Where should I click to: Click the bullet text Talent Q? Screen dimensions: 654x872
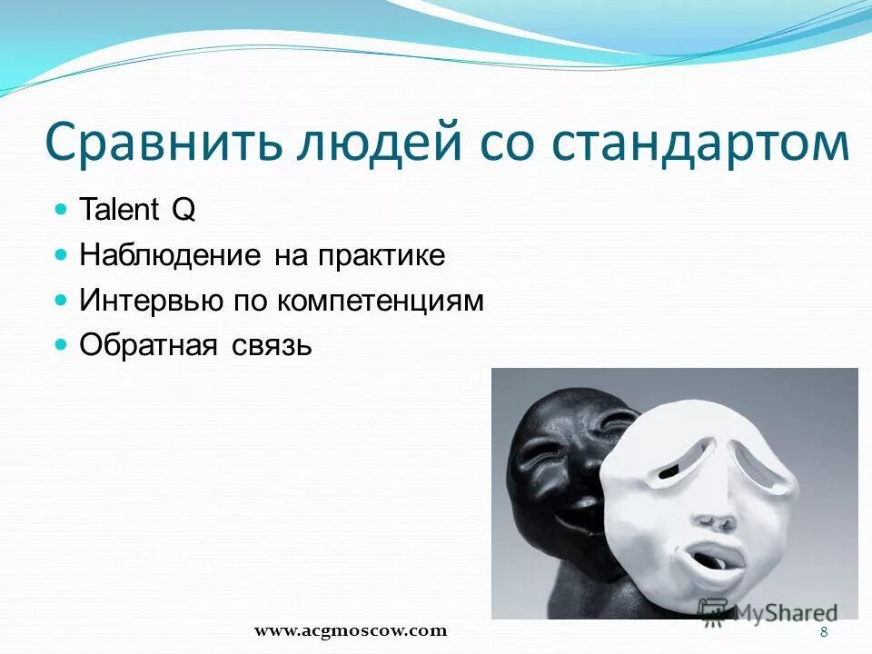pyautogui.click(x=137, y=211)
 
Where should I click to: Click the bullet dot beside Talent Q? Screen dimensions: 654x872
pyautogui.click(x=62, y=209)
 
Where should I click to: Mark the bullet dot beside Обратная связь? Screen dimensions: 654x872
pyautogui.click(x=62, y=344)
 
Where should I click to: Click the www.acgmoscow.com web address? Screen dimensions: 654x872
pyautogui.click(x=351, y=629)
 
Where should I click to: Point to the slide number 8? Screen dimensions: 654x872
pyautogui.click(x=824, y=632)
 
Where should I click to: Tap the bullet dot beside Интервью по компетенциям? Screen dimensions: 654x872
pyautogui.click(x=62, y=299)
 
